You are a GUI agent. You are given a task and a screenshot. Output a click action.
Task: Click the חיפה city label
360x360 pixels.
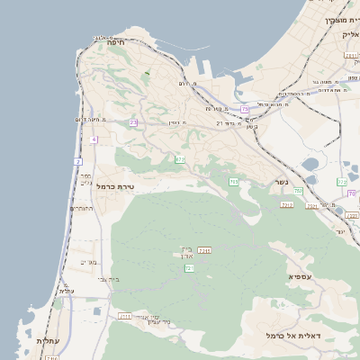pos(115,42)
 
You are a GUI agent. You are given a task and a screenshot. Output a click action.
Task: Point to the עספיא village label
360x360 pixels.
pos(300,277)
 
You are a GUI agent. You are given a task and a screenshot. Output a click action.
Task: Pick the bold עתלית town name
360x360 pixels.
pos(48,342)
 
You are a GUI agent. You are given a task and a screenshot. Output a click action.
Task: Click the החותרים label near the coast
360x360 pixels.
pos(83,209)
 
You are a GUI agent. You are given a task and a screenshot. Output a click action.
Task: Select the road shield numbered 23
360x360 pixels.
pos(133,122)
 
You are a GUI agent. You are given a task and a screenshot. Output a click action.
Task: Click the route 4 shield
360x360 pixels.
pos(94,140)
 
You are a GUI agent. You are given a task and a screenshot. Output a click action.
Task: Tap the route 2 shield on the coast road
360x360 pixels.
pos(78,161)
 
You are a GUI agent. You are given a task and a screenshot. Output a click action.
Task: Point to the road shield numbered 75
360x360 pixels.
pos(245,110)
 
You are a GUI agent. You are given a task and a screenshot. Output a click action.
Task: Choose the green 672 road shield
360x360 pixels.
pos(180,160)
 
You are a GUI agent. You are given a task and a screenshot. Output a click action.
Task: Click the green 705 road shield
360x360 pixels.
pos(234,183)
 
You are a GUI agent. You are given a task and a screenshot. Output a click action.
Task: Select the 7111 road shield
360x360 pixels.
pos(125,317)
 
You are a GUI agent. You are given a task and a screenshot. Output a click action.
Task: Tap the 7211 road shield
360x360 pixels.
pos(204,250)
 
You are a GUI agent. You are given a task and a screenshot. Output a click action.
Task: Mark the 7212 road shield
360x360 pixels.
pos(287,205)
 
